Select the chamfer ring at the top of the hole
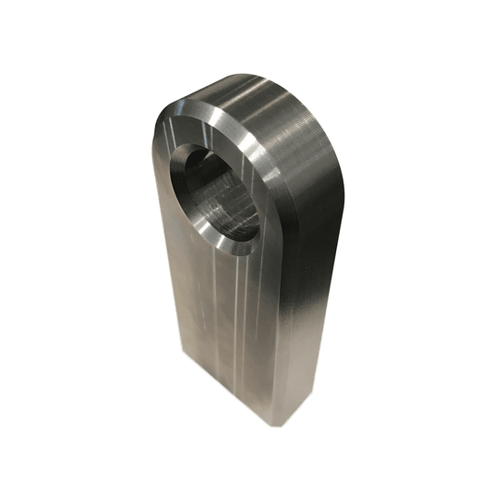208,138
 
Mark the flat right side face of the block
305,305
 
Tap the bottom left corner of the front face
186,365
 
